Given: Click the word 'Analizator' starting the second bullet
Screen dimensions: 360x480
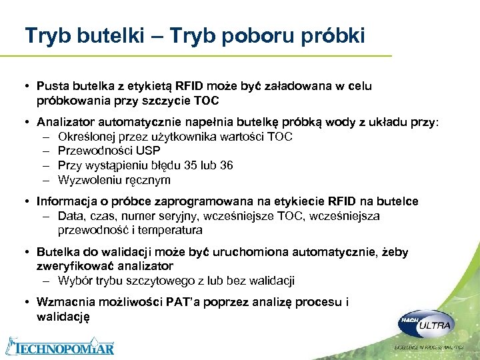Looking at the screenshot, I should click(x=66, y=123).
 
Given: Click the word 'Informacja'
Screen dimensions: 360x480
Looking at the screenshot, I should click(x=67, y=201).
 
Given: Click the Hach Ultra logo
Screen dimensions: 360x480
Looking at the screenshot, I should click(x=425, y=325).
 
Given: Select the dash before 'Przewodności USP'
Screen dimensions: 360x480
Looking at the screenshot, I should click(x=45, y=151).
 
